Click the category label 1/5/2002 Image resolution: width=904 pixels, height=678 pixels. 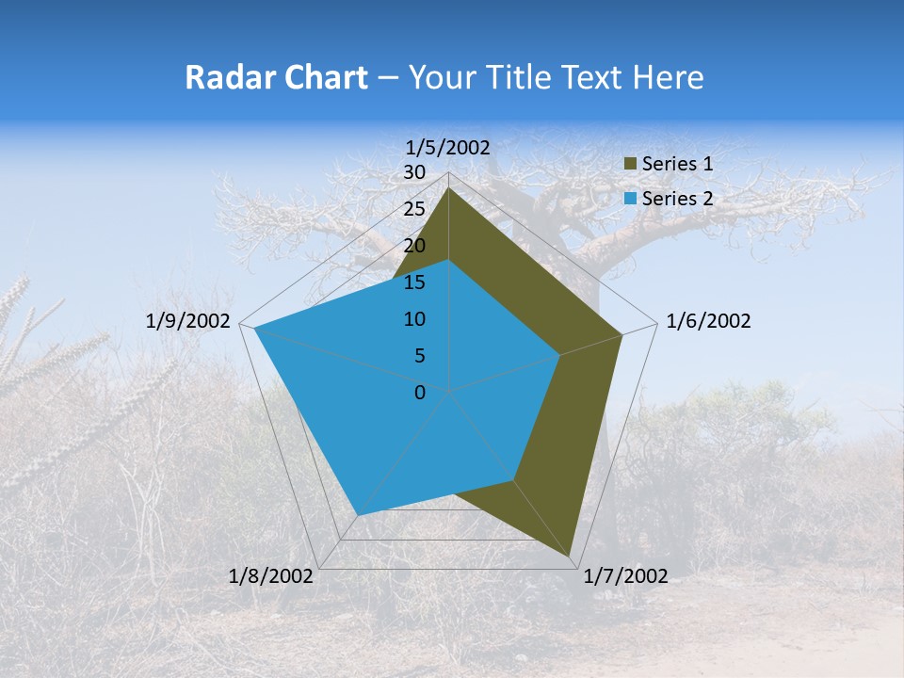[448, 147]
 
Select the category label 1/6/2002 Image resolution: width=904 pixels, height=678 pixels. [708, 321]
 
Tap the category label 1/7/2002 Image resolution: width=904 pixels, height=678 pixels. [625, 576]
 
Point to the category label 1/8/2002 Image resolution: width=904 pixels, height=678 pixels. [271, 576]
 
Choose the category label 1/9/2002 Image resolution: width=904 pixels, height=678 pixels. [188, 321]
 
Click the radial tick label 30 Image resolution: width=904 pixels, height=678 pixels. [414, 172]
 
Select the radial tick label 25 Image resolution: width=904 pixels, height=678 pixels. [414, 209]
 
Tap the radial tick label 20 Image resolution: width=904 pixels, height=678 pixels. [414, 246]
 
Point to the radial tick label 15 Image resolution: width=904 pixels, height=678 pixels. [414, 282]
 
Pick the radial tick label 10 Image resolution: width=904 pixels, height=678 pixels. [414, 319]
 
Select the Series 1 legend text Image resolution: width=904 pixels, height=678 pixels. [677, 164]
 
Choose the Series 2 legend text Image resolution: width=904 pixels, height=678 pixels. [677, 199]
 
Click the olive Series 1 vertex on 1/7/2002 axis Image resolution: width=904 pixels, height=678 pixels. [571, 557]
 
